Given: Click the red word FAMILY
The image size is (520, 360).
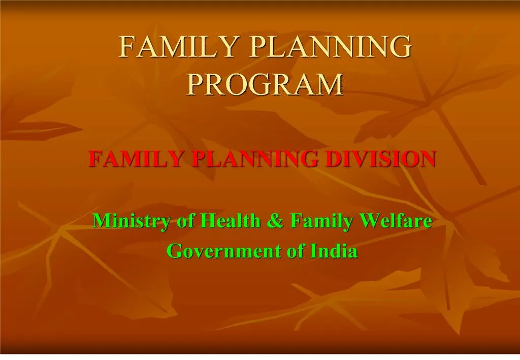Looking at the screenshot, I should pos(136,159).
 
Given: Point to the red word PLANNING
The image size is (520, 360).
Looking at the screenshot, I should pos(255,159).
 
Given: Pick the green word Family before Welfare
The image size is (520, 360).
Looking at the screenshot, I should pos(320,221).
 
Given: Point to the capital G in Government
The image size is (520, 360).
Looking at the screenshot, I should pos(174,251).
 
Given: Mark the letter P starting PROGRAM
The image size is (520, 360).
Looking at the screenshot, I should pos(192,84).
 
